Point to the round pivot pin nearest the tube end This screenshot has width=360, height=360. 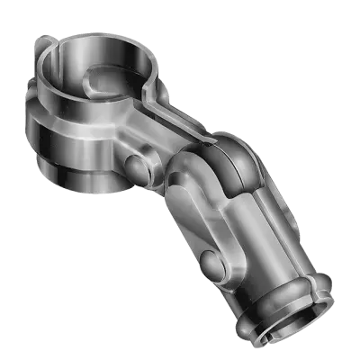click(x=209, y=263)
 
